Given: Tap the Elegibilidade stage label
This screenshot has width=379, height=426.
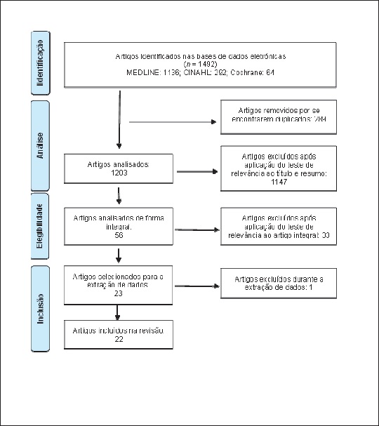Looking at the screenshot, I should (40, 226).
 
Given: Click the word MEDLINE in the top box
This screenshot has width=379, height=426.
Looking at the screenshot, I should (142, 72).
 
